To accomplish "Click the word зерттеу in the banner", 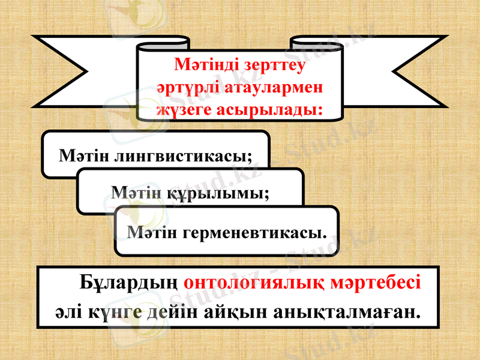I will (x=275, y=64).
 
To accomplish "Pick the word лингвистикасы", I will (x=183, y=156).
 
